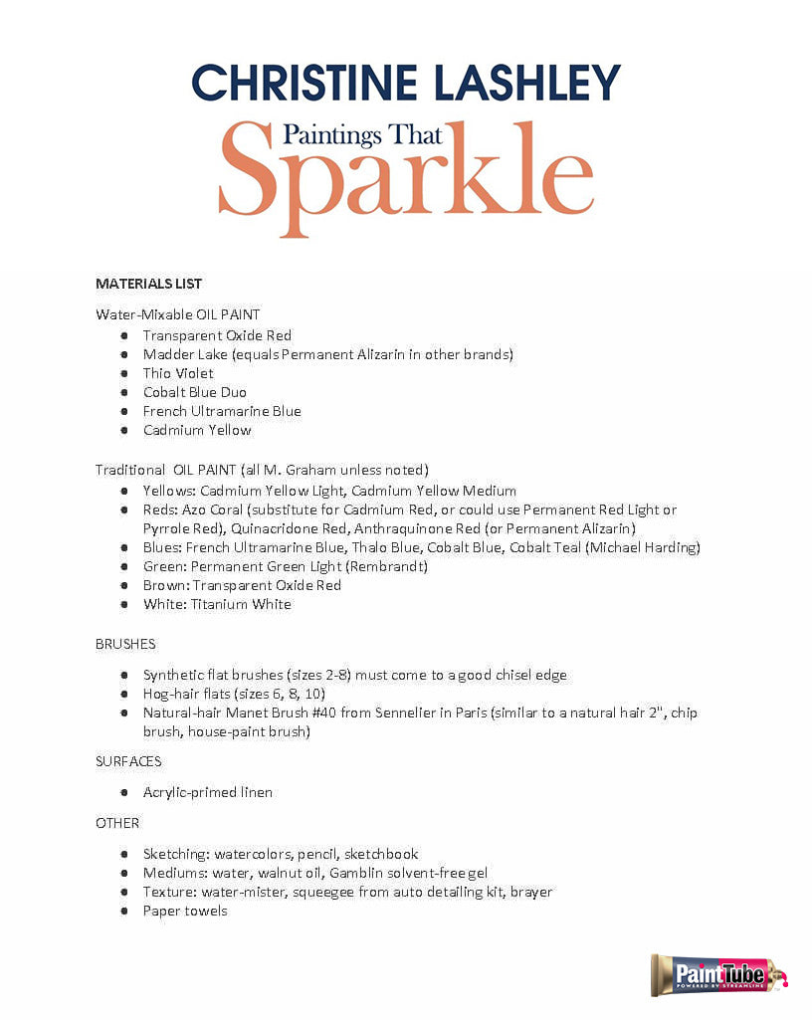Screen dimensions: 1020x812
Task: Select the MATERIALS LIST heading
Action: pyautogui.click(x=148, y=284)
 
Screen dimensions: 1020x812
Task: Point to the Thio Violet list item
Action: pyautogui.click(x=178, y=373)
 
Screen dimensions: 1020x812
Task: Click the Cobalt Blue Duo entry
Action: pyautogui.click(x=194, y=392)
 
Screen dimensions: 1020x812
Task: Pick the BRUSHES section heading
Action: pyautogui.click(x=125, y=644)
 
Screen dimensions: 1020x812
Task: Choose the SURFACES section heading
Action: pyautogui.click(x=128, y=761)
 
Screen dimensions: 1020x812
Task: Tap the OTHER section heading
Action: pyautogui.click(x=117, y=823)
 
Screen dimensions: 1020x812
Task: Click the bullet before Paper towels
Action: pyautogui.click(x=123, y=911)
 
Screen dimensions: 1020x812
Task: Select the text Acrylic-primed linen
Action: pyautogui.click(x=207, y=792)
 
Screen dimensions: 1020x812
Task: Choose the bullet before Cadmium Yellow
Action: pyautogui.click(x=123, y=430)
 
